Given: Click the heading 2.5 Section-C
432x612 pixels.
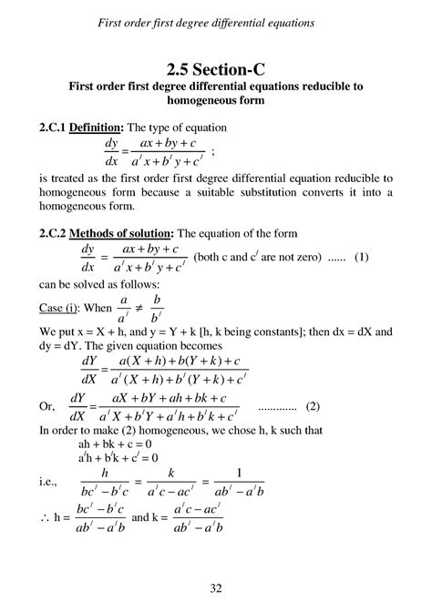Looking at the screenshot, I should (215, 69).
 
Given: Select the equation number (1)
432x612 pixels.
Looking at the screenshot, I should (362, 258).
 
